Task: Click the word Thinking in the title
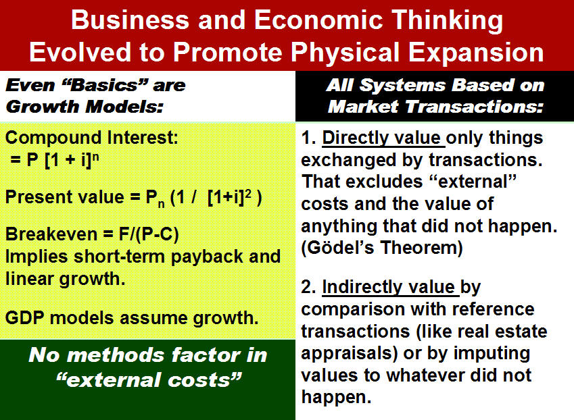tap(447, 21)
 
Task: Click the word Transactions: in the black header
tap(475, 107)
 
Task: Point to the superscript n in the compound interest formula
tap(95, 156)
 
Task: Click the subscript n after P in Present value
tap(161, 205)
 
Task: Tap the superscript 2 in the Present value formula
tap(248, 193)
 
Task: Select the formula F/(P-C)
tap(149, 234)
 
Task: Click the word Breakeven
tap(51, 234)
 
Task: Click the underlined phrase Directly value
tap(383, 138)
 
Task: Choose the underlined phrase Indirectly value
tap(390, 287)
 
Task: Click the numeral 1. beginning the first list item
tap(308, 138)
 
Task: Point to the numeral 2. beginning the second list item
tap(308, 287)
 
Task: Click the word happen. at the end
tap(336, 397)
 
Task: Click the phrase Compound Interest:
tap(91, 138)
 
